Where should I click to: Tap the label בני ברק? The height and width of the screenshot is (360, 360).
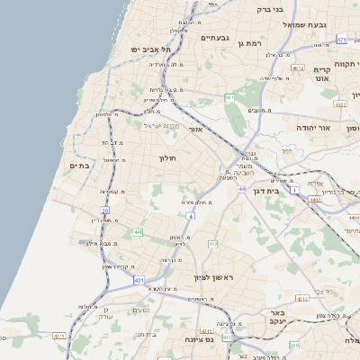click(x=270, y=10)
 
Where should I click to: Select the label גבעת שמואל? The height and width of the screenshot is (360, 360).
click(x=316, y=24)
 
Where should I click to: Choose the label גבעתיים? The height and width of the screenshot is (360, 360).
click(x=217, y=38)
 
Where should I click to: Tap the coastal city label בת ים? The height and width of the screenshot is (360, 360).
click(x=80, y=166)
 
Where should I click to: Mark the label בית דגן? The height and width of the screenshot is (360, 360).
click(x=287, y=191)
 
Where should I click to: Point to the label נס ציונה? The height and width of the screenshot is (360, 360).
click(x=197, y=340)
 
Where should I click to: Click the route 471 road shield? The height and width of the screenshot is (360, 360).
click(x=341, y=40)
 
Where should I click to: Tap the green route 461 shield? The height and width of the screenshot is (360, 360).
click(x=230, y=97)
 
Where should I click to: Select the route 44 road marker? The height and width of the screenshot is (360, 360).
click(x=242, y=189)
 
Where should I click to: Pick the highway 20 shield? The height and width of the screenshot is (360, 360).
click(x=105, y=210)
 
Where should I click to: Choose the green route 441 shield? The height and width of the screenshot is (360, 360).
click(x=138, y=232)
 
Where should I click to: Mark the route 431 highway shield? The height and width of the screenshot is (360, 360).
click(x=139, y=281)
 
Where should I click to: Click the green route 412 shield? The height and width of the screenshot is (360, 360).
click(x=213, y=244)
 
